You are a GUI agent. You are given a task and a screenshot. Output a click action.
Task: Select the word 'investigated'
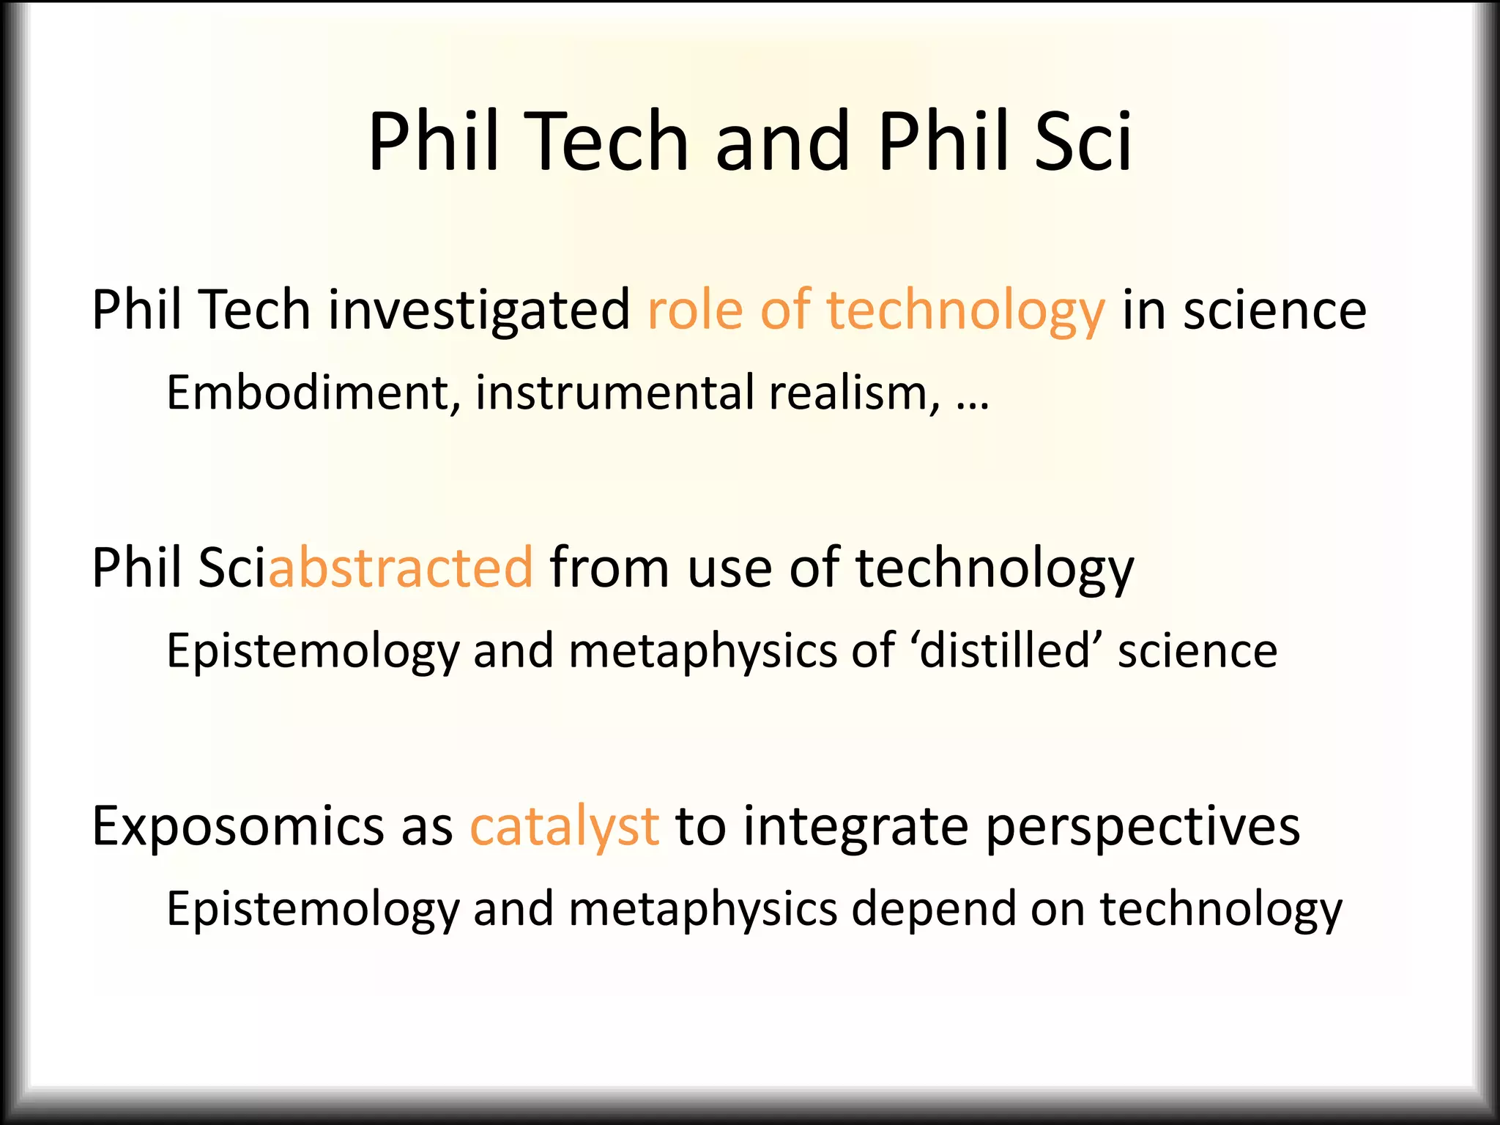478,311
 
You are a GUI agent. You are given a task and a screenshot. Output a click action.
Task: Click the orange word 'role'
695,311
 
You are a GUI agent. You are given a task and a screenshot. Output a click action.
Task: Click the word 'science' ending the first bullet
1274,311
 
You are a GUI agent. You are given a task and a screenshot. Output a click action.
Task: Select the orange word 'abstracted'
401,568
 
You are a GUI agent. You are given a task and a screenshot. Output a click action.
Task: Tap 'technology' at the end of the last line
1221,910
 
